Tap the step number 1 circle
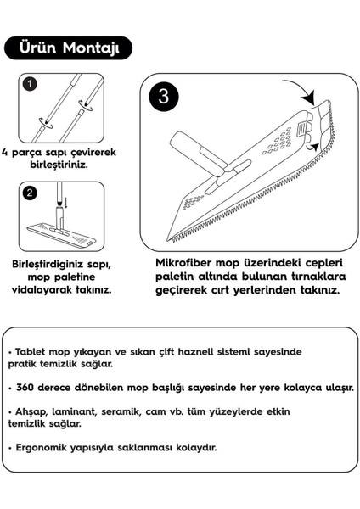(x=29, y=85)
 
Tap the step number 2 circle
(x=29, y=193)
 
